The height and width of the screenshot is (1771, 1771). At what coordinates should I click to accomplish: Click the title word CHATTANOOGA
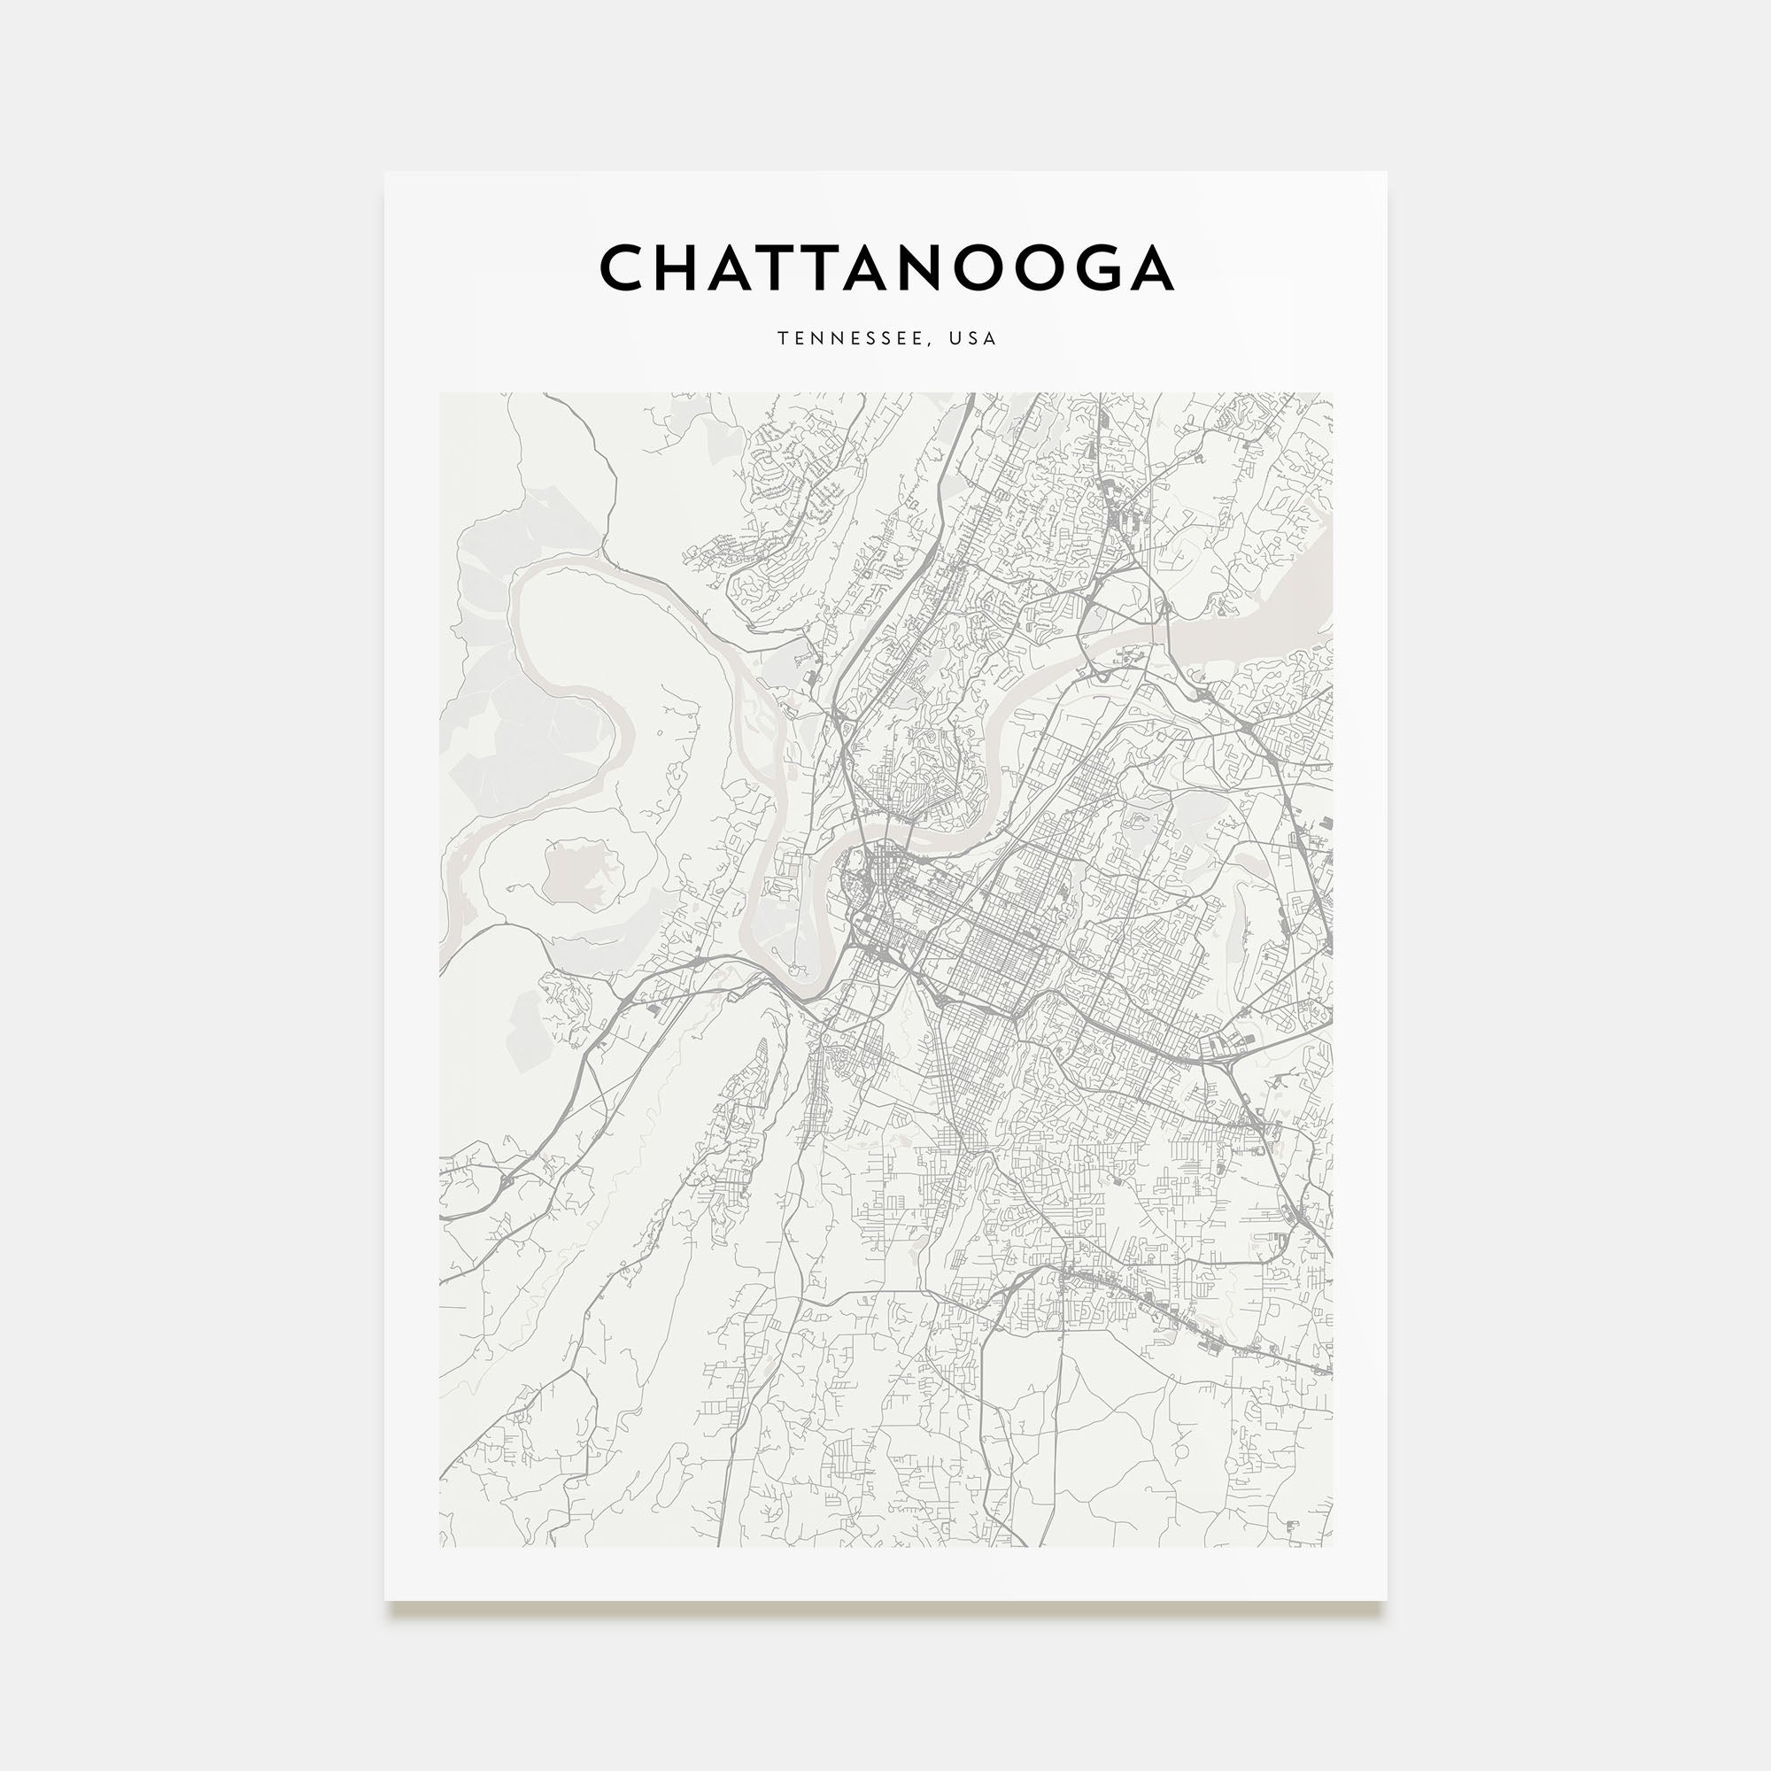(x=886, y=267)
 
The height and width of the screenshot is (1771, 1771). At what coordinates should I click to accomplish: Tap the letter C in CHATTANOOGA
(x=624, y=267)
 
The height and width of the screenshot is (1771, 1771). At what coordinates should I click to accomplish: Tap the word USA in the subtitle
(x=972, y=338)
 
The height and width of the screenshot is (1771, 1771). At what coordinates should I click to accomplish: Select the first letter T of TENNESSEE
(x=783, y=338)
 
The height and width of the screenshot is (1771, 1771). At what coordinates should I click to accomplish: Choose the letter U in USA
(x=955, y=338)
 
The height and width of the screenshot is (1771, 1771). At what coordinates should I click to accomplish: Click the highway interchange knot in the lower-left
(x=505, y=1181)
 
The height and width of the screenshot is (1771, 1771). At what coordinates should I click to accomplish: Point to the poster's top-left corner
(x=385, y=173)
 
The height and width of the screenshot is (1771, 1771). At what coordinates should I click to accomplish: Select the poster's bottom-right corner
(x=1386, y=1601)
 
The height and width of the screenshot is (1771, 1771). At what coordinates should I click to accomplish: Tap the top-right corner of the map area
(x=1333, y=393)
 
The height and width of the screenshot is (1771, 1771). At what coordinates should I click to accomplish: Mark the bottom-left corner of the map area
(x=440, y=1547)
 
